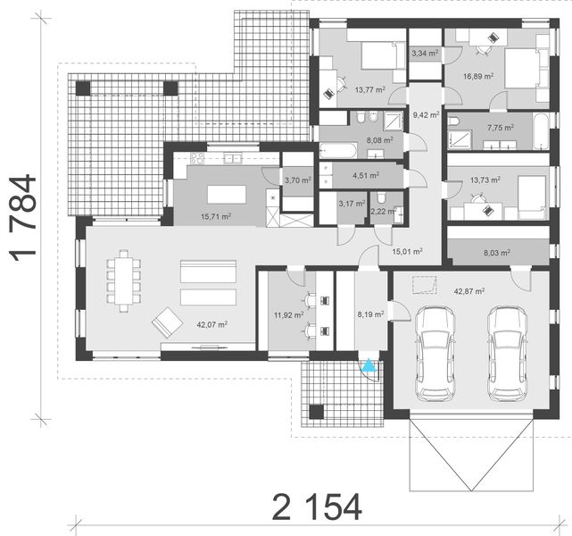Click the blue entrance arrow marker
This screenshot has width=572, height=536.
tap(368, 364)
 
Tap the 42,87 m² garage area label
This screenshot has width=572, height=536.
tap(468, 291)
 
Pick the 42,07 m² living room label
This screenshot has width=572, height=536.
tap(211, 325)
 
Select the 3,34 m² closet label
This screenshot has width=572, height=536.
tap(424, 54)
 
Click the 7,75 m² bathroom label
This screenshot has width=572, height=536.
tap(500, 128)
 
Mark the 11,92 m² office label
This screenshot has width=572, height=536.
tap(286, 314)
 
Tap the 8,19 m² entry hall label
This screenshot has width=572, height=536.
tap(369, 314)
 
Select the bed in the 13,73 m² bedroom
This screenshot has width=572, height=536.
tap(527, 197)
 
